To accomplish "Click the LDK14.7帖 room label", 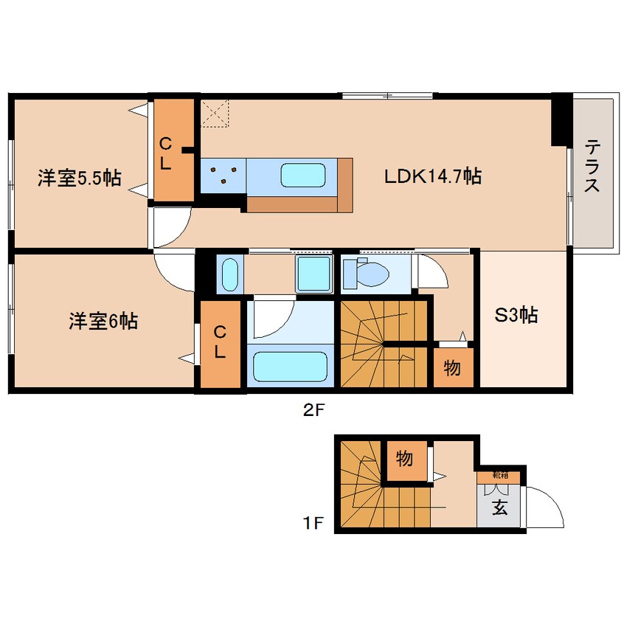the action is tap(433, 176).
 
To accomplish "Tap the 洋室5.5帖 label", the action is tap(80, 178).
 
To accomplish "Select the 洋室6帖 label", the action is tap(103, 321).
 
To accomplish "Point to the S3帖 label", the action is tap(516, 315).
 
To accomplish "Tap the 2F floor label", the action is tap(314, 410).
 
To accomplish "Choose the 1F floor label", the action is tap(313, 523).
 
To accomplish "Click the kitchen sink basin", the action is tap(303, 175).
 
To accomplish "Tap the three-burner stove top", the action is tap(223, 176).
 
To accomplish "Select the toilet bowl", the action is tap(372, 274).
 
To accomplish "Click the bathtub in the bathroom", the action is tap(290, 367).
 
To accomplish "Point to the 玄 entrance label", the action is tap(500, 507).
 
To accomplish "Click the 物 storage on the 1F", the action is tap(404, 460).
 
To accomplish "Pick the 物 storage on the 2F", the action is tap(453, 368).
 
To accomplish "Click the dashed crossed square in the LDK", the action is tap(215, 114).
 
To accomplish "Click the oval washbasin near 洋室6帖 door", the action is tap(229, 274).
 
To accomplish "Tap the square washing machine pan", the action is tap(314, 274).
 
